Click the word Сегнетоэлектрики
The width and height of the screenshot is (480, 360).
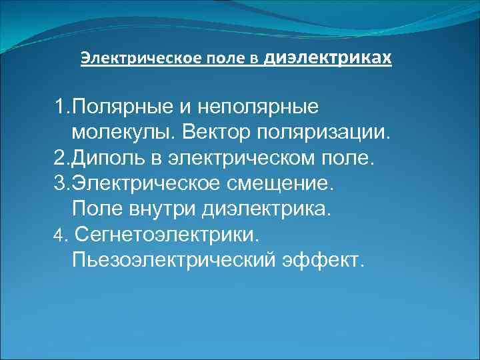click(x=170, y=233)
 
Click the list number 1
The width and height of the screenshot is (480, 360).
click(x=60, y=106)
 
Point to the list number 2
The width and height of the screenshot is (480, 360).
click(x=60, y=158)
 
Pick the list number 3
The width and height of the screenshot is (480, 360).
click(x=60, y=183)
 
